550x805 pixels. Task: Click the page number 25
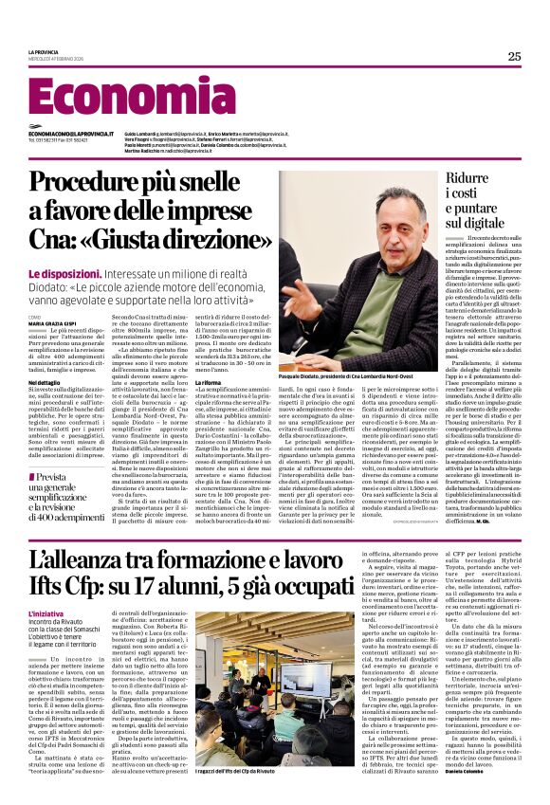tap(514, 56)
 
